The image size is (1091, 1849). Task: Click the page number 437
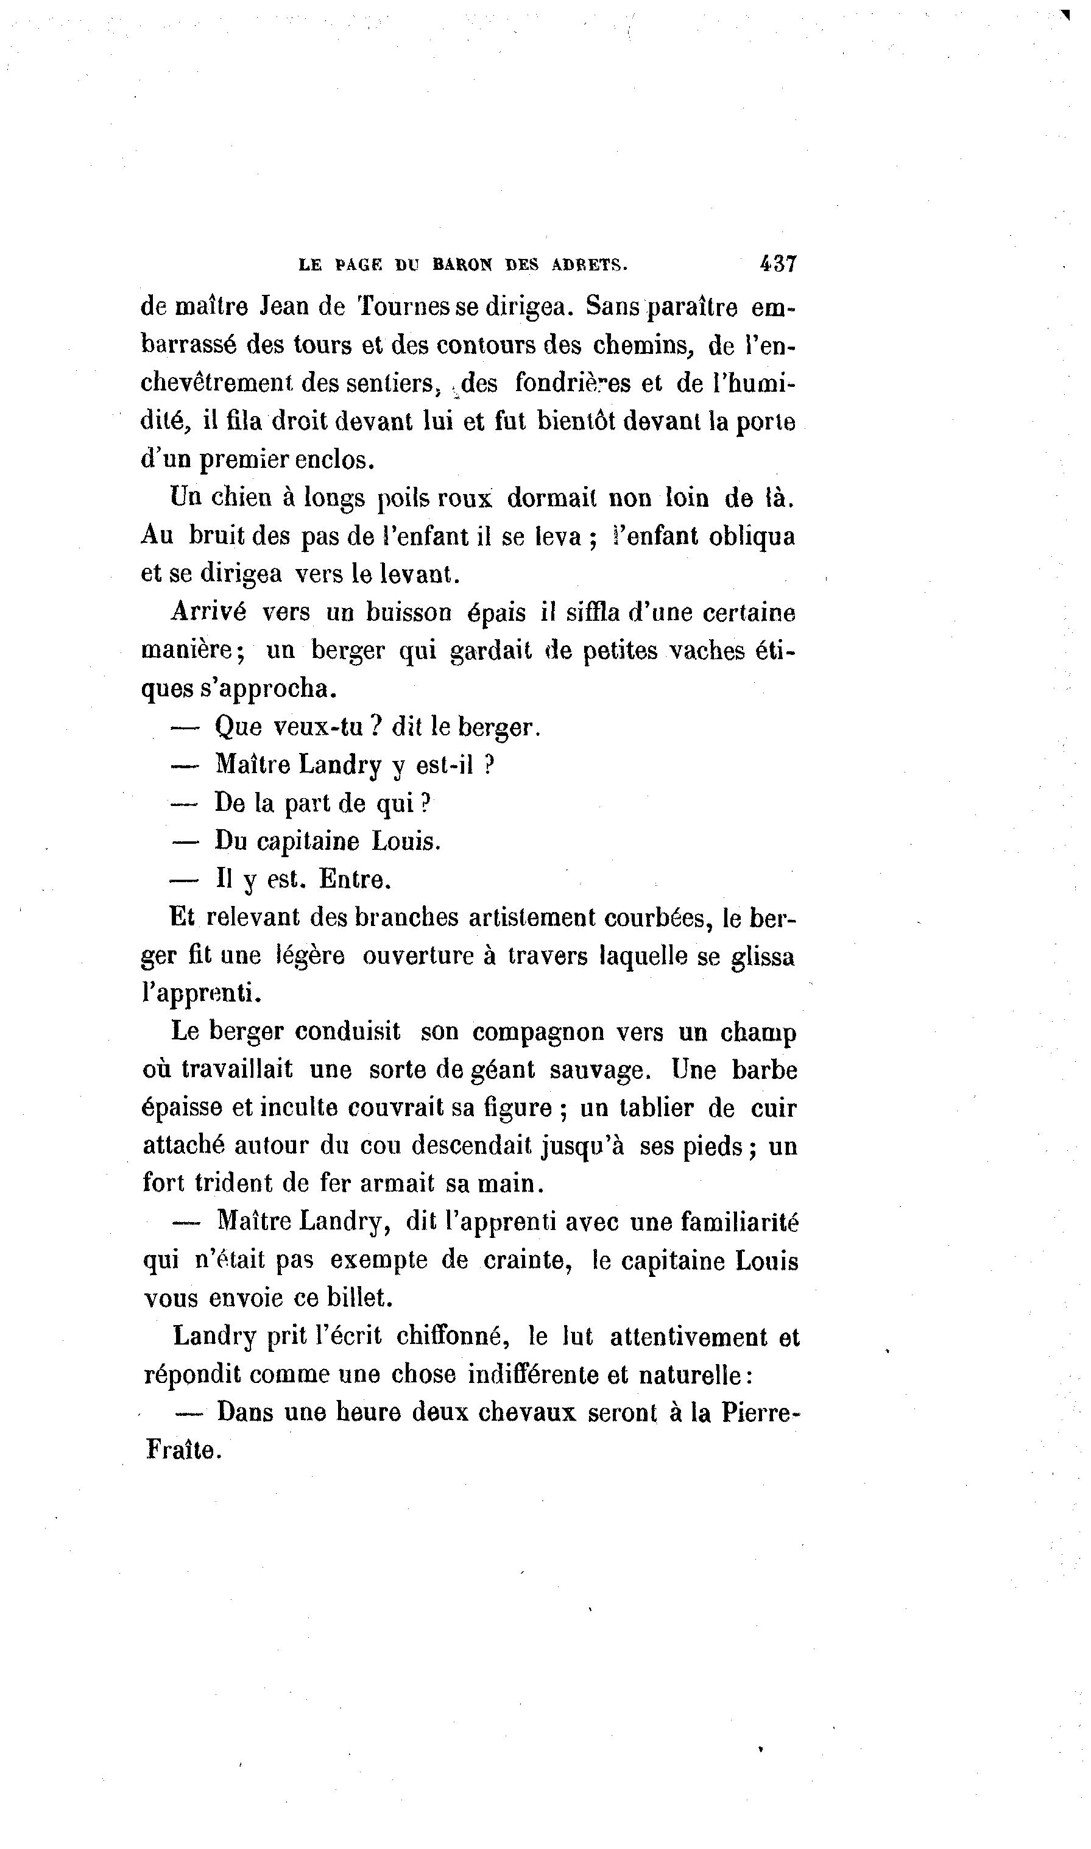[x=778, y=264]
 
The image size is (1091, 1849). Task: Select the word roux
[x=465, y=498]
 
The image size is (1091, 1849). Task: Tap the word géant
[x=501, y=1070]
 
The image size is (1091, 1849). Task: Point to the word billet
[x=359, y=1298]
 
